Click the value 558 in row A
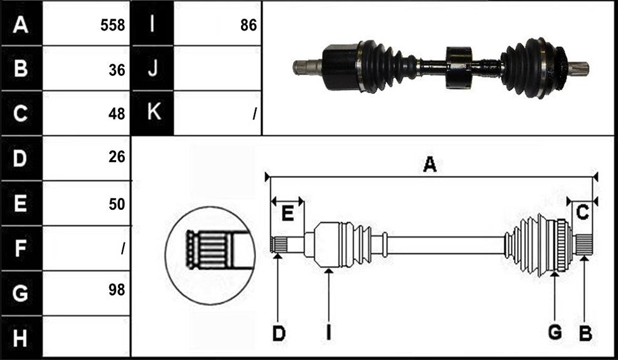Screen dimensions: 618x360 point(112,25)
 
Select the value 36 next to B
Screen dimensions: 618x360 point(117,70)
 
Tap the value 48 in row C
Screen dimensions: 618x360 point(117,114)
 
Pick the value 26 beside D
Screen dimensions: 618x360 point(117,157)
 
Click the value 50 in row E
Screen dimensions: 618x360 point(117,204)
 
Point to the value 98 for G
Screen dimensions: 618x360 point(117,290)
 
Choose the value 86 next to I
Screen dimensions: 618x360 point(248,25)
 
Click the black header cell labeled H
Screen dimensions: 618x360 point(21,338)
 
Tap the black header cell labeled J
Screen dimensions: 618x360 point(152,68)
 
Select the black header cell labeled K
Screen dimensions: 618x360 point(152,113)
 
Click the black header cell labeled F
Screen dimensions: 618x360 point(21,248)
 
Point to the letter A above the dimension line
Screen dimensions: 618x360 point(429,164)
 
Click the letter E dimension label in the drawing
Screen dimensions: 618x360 point(288,214)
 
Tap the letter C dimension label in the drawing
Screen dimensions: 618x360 point(582,212)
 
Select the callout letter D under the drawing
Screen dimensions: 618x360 point(279,334)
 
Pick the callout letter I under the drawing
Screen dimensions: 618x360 point(329,334)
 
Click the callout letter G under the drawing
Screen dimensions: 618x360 point(555,333)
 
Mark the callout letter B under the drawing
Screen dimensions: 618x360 point(585,334)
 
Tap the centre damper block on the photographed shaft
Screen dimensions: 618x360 point(459,67)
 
